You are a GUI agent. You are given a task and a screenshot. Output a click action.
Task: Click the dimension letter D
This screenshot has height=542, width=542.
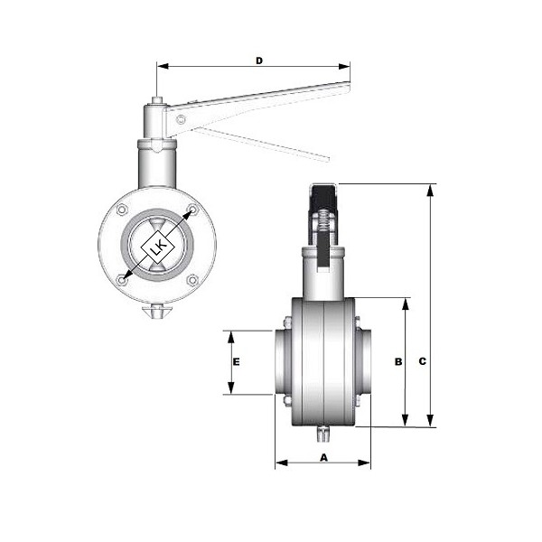(259, 61)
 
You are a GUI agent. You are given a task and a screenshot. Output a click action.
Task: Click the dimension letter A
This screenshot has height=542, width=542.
(323, 458)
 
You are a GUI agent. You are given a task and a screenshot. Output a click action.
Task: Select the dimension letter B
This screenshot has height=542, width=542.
(398, 361)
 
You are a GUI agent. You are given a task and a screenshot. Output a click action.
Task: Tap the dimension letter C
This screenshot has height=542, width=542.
(423, 361)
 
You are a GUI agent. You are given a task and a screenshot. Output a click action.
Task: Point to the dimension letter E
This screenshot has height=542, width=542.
(236, 362)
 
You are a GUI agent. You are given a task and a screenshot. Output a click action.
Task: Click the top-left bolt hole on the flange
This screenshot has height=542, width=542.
(122, 210)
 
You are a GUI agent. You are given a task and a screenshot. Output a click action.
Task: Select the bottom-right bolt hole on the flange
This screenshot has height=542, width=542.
(192, 280)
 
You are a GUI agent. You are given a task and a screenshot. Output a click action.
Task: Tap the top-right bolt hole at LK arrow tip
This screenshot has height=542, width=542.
(192, 210)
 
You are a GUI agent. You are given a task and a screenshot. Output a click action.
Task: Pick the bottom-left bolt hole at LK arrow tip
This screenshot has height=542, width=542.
(122, 280)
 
